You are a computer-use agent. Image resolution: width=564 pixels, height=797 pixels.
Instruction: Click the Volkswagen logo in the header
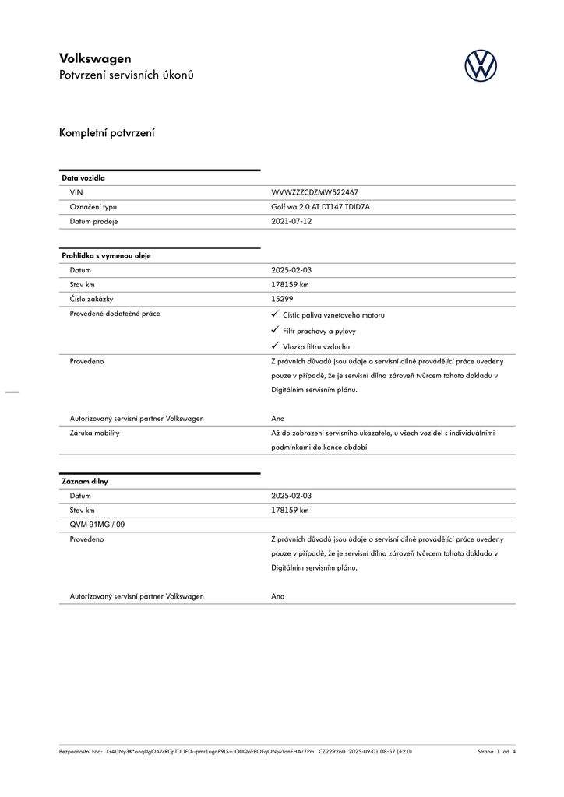click(481, 65)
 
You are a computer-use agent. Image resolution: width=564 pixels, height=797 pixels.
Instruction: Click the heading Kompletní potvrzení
click(107, 133)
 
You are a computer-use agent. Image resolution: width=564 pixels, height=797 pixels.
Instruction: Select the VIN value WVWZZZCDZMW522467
click(315, 192)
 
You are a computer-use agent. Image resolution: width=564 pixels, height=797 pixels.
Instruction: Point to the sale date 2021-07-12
click(291, 221)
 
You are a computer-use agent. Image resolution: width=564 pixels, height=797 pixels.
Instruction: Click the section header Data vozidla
click(83, 178)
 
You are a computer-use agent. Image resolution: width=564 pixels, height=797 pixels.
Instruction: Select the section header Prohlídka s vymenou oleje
click(106, 255)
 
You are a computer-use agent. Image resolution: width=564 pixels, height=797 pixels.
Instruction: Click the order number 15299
click(282, 299)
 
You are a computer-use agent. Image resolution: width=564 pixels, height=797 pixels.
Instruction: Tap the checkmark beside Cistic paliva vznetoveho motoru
click(275, 314)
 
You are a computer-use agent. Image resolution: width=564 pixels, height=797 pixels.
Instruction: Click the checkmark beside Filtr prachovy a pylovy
click(275, 330)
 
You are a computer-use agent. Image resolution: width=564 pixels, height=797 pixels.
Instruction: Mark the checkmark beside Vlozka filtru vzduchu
click(275, 346)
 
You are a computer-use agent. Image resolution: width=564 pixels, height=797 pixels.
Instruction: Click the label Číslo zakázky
click(92, 299)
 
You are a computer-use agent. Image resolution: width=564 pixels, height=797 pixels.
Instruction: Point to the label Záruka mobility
click(95, 433)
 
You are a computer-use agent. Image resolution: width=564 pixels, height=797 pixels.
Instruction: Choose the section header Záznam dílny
click(85, 481)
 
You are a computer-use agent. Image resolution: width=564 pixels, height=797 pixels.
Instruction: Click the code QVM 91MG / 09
click(97, 525)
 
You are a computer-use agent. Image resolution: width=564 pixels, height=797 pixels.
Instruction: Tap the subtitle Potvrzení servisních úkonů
click(126, 75)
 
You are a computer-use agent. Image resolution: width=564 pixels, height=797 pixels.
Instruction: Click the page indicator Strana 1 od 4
click(496, 752)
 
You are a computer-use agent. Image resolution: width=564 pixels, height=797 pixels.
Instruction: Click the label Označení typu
click(93, 207)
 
